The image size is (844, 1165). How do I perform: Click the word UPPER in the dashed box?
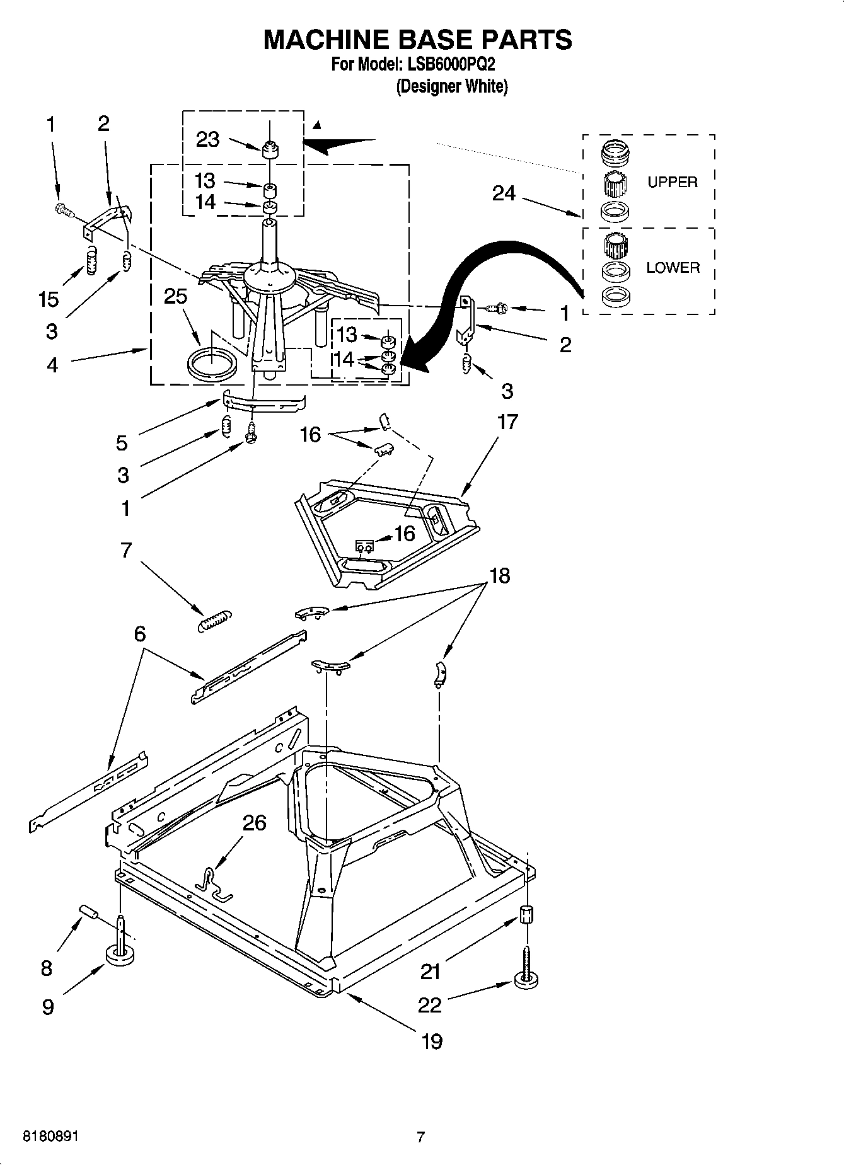point(673,182)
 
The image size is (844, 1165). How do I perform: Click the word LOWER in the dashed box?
point(673,268)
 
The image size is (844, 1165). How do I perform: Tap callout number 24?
point(504,193)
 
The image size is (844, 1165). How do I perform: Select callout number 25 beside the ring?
point(175,296)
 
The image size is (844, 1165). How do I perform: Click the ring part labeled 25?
point(212,365)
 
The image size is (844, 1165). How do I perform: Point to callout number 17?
point(507,422)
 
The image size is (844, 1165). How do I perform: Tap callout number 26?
point(254,823)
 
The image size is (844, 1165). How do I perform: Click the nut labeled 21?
point(527,914)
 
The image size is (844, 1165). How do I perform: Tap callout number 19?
point(432,1042)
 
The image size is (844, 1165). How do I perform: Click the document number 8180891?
point(50,1137)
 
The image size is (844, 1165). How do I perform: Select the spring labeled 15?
point(92,260)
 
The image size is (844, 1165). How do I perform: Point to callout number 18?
point(499,575)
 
